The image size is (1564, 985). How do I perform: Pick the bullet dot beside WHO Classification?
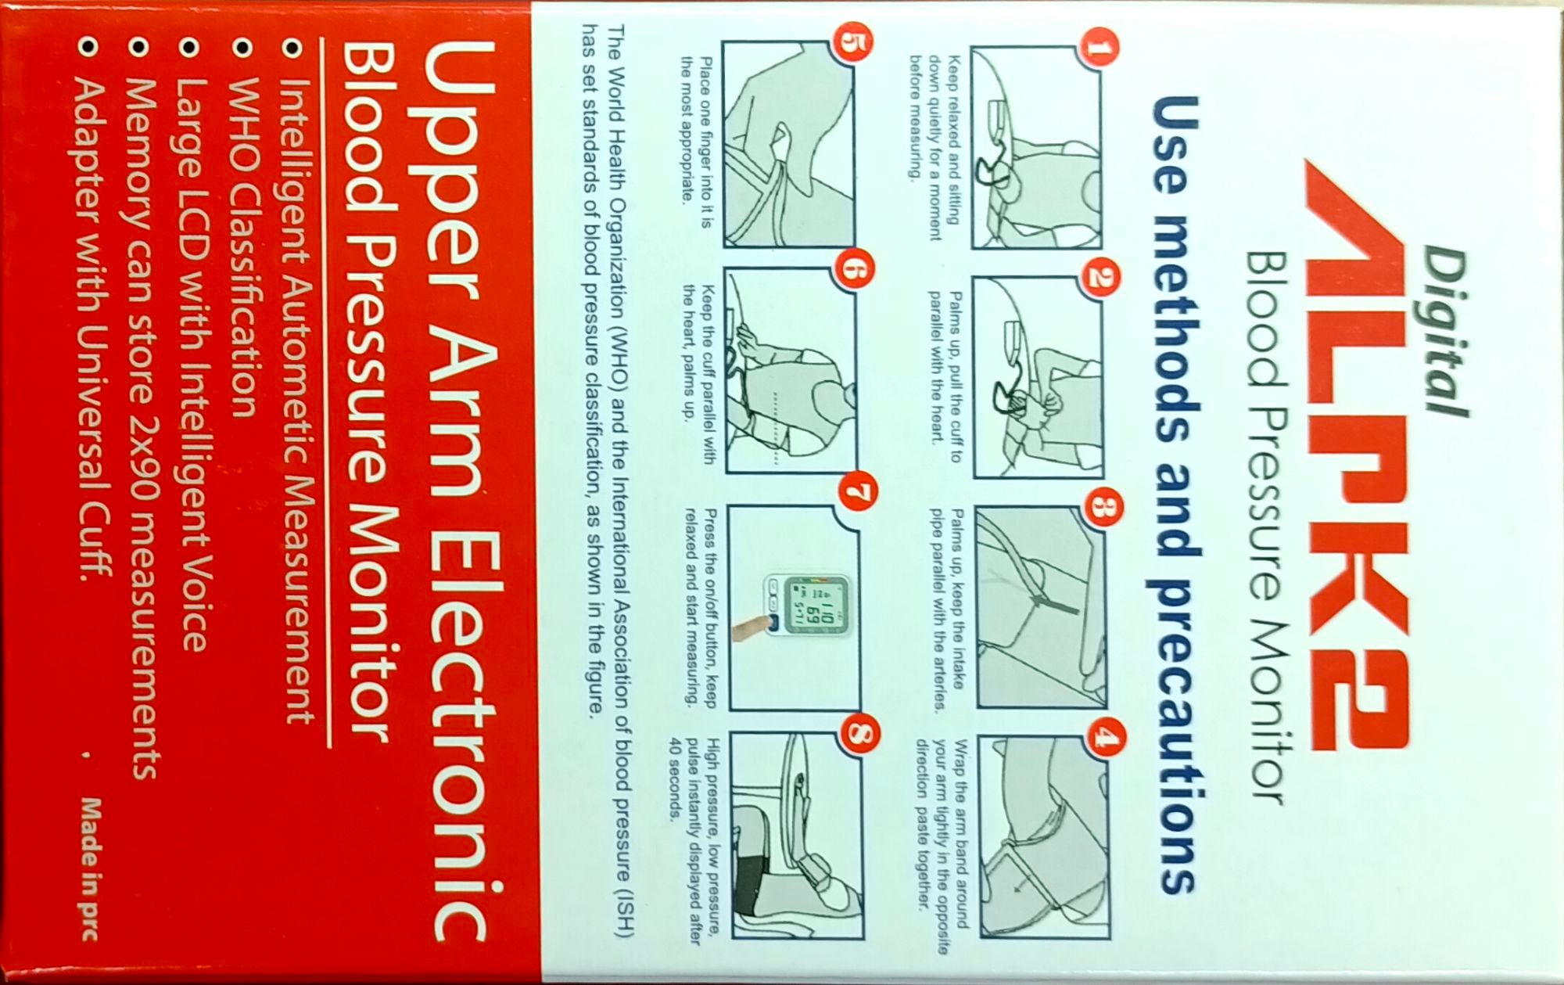coord(243,49)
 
